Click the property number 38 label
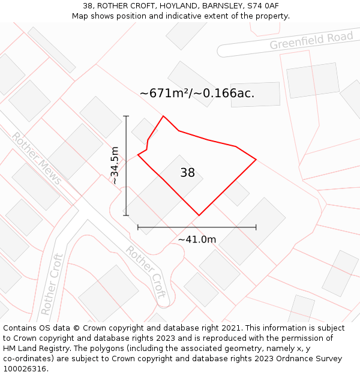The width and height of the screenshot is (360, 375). pos(187,173)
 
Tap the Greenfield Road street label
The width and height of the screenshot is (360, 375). pos(311,41)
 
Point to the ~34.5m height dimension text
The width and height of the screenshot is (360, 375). pos(115,166)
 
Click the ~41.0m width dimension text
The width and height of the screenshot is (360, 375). pos(197,239)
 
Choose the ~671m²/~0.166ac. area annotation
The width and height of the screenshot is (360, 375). pos(197,93)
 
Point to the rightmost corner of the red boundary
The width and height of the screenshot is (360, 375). pos(256,160)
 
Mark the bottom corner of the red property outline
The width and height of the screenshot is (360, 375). pos(199,215)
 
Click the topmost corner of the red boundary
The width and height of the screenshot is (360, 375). pos(163,116)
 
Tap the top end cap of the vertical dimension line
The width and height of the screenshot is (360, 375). pos(126,116)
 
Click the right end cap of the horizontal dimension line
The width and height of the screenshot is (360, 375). pos(256,227)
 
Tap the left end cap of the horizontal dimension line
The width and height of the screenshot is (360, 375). pos(138,227)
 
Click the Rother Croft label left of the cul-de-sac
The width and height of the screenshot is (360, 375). pos(52,285)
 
